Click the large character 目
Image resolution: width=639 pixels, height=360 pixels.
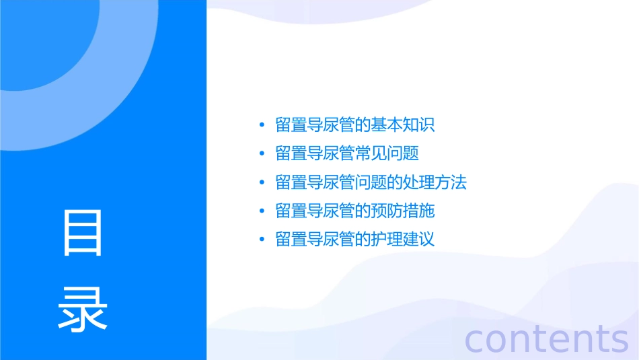[83, 233]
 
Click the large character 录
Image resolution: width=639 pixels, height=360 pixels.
[83, 308]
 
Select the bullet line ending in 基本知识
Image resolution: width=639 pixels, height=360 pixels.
[355, 125]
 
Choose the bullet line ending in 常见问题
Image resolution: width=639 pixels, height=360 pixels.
[347, 153]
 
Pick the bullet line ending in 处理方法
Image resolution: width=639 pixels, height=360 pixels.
[371, 182]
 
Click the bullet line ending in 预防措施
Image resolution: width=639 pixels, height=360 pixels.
[355, 211]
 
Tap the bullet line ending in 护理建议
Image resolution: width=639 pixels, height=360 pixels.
[355, 240]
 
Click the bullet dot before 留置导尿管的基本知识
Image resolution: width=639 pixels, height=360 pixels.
[262, 125]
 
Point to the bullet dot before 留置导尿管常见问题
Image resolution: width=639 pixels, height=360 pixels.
[262, 153]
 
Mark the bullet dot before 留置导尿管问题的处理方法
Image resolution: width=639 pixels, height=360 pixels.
[262, 182]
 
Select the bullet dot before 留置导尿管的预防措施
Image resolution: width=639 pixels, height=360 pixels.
[262, 211]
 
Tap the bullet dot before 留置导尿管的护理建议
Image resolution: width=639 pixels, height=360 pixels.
[262, 240]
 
